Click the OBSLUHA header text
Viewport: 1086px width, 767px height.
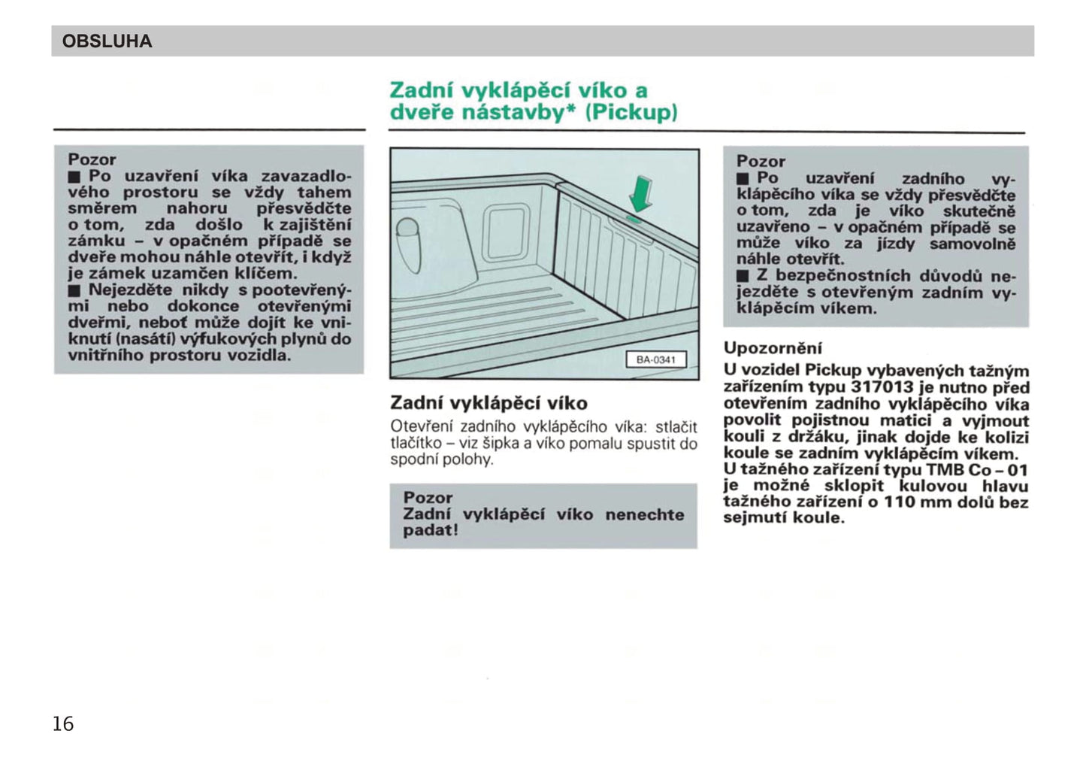click(107, 41)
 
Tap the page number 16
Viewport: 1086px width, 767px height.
click(63, 723)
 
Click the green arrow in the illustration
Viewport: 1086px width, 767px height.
click(640, 194)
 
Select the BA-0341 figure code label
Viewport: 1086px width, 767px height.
click(655, 360)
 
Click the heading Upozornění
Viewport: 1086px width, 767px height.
click(773, 348)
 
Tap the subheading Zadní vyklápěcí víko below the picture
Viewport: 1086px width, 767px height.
click(489, 403)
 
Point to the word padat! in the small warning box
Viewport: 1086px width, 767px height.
click(431, 530)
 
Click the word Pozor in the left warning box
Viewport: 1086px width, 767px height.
click(92, 159)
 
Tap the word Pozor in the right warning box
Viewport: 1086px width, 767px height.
click(761, 161)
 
